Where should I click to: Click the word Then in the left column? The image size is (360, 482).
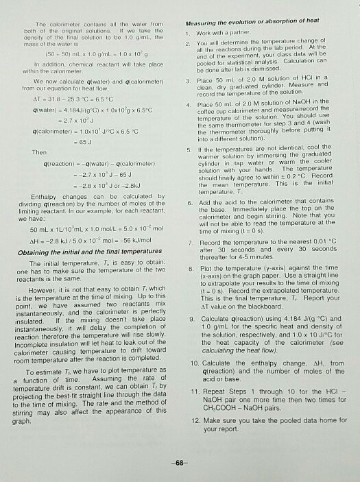(x=41, y=153)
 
